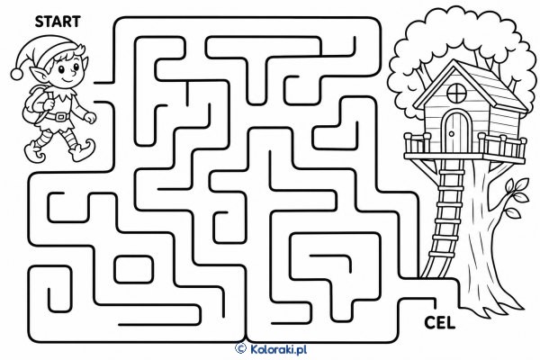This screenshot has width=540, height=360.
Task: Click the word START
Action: pos(58,22)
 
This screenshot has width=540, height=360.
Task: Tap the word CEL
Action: pos(439,323)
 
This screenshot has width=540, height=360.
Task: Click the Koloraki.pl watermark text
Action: pos(278,349)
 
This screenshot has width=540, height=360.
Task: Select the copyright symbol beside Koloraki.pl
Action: pos(240,348)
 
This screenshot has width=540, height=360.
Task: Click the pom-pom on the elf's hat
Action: pos(16,74)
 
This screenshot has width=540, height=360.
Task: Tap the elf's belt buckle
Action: pos(61,116)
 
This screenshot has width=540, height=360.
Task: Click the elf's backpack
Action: pos(34,103)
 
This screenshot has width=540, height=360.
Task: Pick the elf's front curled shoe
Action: pos(82,151)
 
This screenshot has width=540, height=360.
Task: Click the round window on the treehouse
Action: pos(456,93)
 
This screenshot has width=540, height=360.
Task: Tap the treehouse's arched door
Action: pos(455,131)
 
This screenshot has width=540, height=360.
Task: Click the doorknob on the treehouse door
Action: pos(451,133)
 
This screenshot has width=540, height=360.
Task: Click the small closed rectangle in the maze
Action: pos(133,270)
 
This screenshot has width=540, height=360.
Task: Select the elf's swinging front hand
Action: pos(90,118)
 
